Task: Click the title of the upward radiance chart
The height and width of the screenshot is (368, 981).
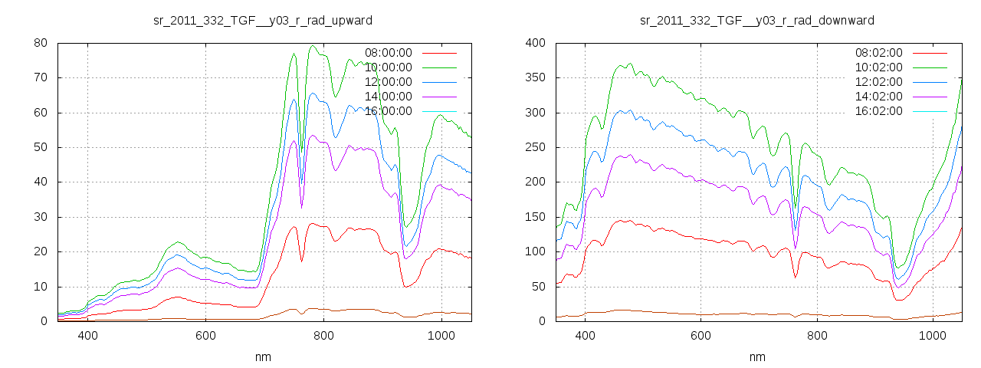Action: [x=263, y=20]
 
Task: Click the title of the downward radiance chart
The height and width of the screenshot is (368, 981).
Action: [x=757, y=20]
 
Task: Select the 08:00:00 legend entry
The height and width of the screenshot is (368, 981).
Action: [x=389, y=53]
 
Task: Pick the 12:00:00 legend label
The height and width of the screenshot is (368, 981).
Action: [x=389, y=82]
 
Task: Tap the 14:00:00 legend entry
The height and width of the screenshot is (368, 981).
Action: [x=389, y=97]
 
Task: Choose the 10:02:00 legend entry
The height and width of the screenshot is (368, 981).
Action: [x=879, y=67]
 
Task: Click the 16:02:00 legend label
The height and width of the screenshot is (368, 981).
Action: [x=879, y=111]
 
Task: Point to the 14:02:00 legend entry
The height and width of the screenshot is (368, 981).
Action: [x=879, y=97]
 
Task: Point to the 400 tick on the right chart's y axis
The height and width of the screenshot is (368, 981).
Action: [x=535, y=43]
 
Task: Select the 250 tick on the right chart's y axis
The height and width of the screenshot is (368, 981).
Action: [x=535, y=147]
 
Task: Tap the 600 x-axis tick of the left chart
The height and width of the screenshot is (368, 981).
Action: [x=205, y=336]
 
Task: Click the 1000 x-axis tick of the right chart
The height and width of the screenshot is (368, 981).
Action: [x=933, y=336]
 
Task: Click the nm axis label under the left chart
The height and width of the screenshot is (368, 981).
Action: [x=263, y=357]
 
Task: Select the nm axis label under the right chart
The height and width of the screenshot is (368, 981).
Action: [x=757, y=357]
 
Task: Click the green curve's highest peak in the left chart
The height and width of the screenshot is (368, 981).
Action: [x=313, y=46]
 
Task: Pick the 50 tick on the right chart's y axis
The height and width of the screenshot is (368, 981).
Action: [x=538, y=287]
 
